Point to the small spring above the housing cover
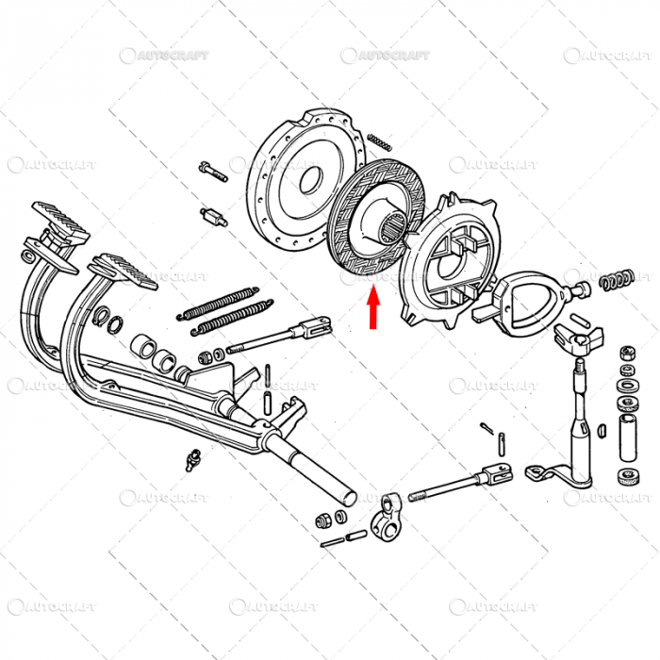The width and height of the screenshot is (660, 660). pos(378,141)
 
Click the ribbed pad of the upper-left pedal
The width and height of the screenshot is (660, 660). pos(60,220)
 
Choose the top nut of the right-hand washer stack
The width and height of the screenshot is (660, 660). pos(623,354)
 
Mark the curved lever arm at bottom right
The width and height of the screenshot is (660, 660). pos(556,476)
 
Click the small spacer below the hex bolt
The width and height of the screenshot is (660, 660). pos(215,216)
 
